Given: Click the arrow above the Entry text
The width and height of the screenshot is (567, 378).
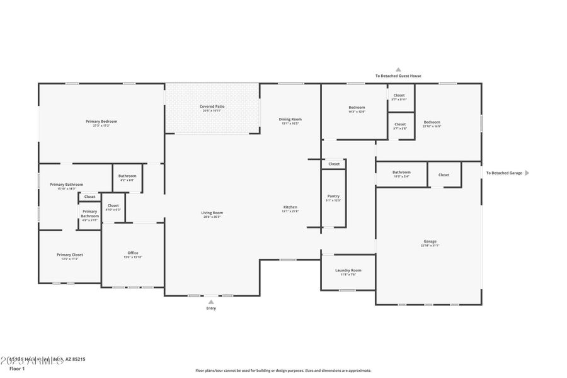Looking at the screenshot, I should [211, 302].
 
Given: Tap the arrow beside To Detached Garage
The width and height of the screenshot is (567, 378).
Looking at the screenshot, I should [527, 173].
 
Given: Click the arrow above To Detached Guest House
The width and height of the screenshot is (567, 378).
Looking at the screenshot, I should [398, 70].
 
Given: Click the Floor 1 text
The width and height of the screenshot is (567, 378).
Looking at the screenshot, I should [16, 369].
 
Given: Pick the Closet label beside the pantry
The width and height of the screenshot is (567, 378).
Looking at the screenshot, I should [334, 164].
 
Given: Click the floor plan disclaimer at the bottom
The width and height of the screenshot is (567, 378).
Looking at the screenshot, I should [283, 370].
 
